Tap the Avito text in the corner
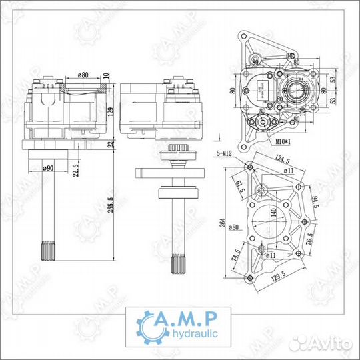click(x=331, y=344)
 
